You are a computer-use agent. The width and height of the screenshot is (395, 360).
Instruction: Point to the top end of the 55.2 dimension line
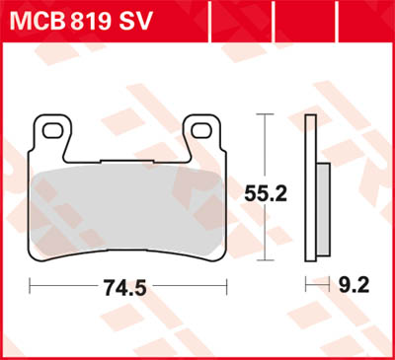pos(265,115)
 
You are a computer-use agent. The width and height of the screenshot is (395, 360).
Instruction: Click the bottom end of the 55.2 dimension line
pos(265,259)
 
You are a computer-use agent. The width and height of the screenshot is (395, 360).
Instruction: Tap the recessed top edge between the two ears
pos(128,159)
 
